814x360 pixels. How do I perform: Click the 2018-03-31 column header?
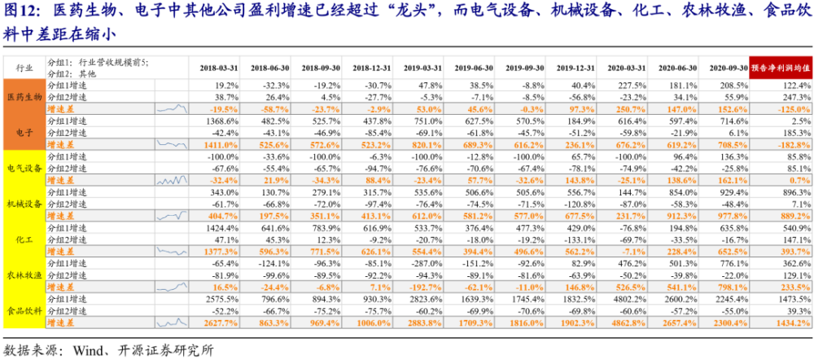pos(219,68)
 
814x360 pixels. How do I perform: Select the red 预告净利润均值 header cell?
pos(781,68)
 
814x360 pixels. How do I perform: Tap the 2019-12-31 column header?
pos(575,68)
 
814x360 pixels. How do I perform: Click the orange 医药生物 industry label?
pos(24,97)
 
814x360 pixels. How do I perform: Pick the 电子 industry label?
pos(24,132)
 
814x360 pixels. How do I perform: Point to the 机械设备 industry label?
pos(24,203)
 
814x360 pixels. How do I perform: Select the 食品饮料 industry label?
pos(24,310)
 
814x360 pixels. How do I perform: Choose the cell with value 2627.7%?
pos(222,323)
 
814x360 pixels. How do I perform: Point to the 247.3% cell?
pos(796,97)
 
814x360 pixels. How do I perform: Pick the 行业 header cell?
pos(24,68)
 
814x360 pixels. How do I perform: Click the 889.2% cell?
pos(794,216)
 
